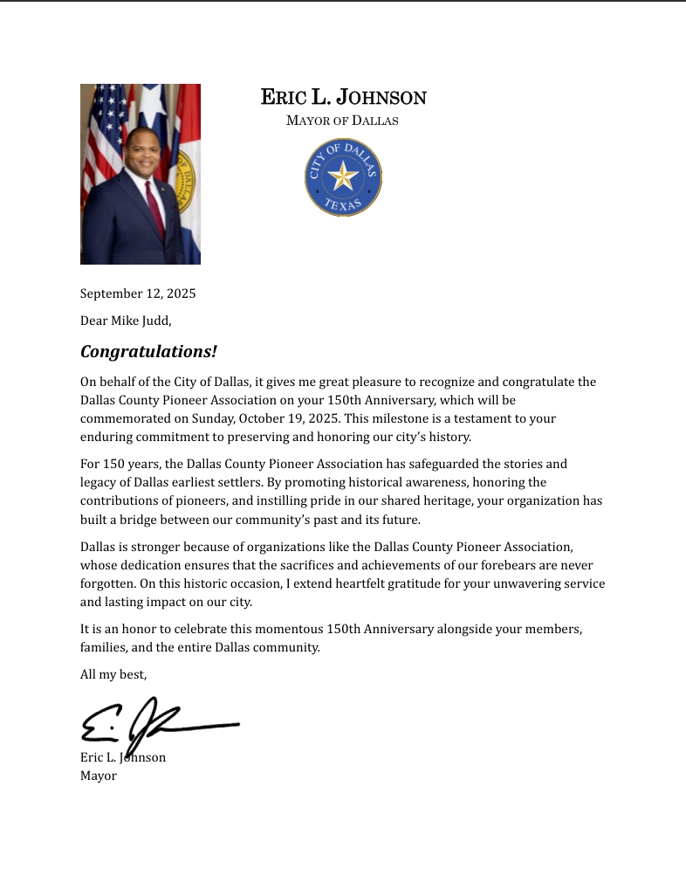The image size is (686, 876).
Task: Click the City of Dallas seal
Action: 343,178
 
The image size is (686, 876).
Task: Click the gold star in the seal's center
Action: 343,178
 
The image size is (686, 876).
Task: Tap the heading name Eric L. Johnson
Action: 343,97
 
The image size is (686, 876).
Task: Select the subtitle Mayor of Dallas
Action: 342,121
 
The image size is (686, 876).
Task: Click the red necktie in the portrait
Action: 154,209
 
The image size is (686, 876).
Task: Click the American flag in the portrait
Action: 103,131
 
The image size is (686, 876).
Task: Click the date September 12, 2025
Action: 138,293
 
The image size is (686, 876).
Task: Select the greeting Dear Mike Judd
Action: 126,321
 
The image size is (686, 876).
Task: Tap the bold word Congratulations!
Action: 148,352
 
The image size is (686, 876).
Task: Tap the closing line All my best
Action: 113,674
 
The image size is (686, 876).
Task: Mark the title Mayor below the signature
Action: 99,776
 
